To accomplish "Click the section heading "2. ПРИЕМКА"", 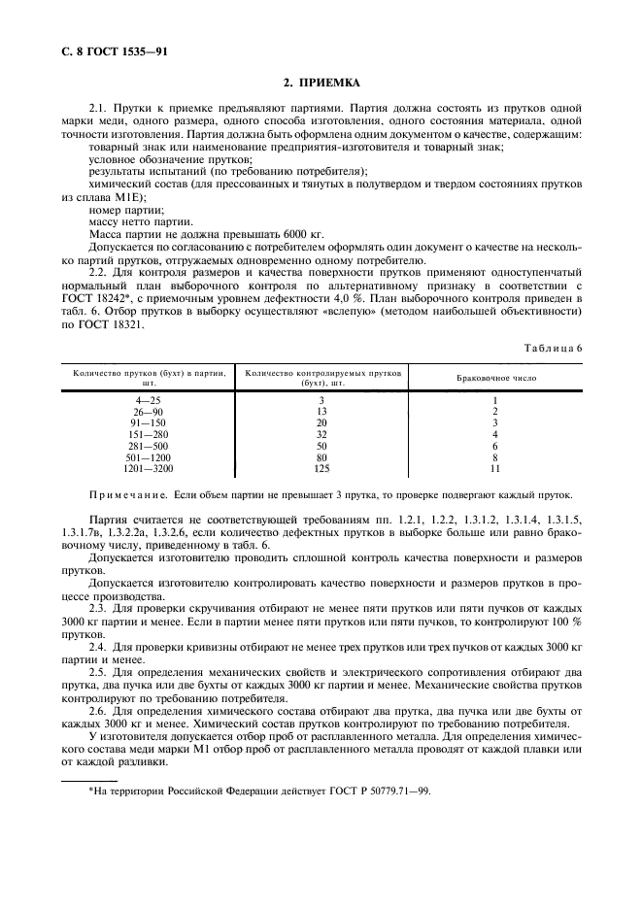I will (321, 84).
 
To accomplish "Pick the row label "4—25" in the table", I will (150, 400).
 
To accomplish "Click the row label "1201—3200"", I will (150, 468).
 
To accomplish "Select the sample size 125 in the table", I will (321, 468).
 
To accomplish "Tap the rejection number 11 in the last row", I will (495, 468).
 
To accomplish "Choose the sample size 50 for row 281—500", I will (321, 446).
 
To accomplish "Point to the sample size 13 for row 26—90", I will (321, 412).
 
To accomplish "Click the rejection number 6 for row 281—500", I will (495, 446).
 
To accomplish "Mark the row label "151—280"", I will (150, 434).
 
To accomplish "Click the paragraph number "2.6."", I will (98, 709).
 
